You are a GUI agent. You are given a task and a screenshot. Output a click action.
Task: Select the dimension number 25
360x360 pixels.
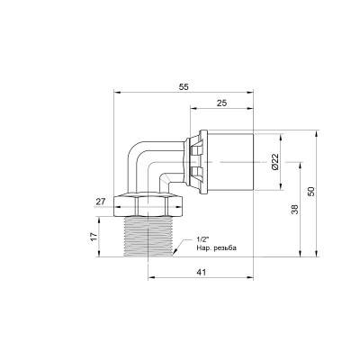click(x=222, y=103)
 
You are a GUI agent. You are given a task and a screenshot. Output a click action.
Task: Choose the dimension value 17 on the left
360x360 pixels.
click(x=93, y=237)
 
